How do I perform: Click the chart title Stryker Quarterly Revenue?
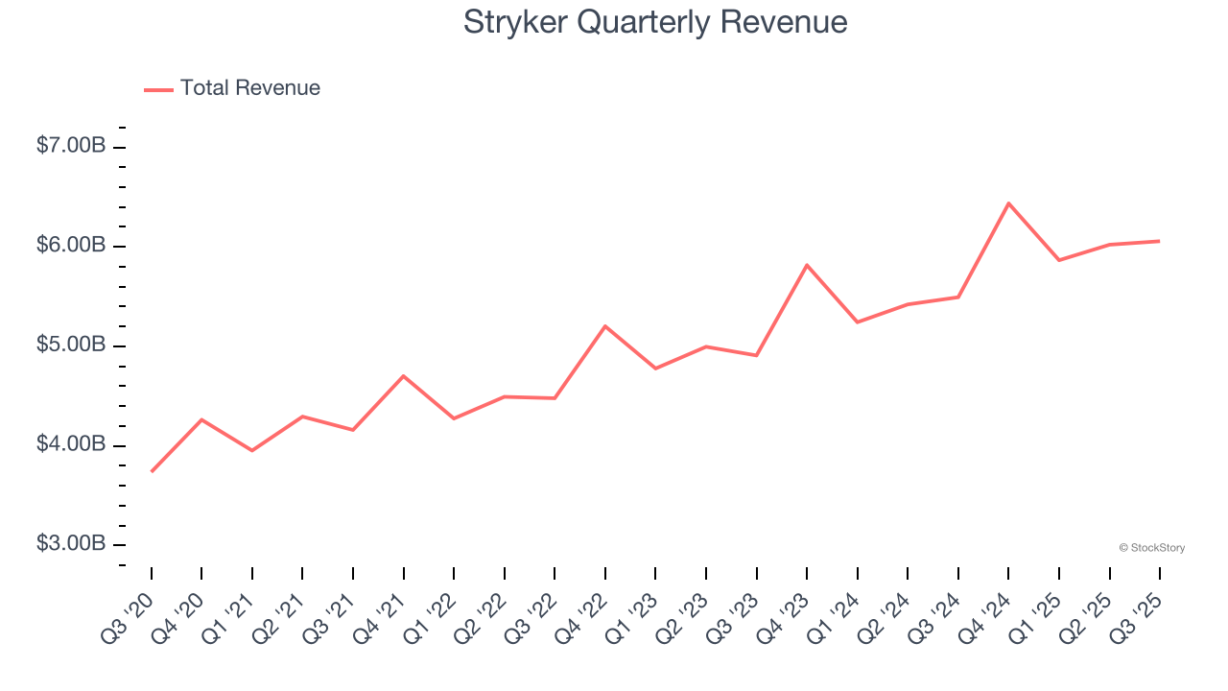pos(655,22)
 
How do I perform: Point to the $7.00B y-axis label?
pos(71,147)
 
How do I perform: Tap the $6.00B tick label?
pos(71,246)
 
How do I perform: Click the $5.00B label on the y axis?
pos(71,345)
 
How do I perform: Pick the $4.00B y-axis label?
pos(71,445)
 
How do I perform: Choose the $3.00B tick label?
pos(71,544)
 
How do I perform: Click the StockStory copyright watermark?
pos(1151,548)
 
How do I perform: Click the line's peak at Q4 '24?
pos(1008,203)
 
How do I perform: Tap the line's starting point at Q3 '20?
pos(152,471)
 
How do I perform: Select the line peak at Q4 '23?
pos(807,265)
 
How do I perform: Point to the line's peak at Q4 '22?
pos(605,326)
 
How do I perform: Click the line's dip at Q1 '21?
pos(252,450)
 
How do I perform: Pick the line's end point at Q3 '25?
pos(1159,241)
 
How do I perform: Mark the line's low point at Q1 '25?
pos(1059,260)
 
